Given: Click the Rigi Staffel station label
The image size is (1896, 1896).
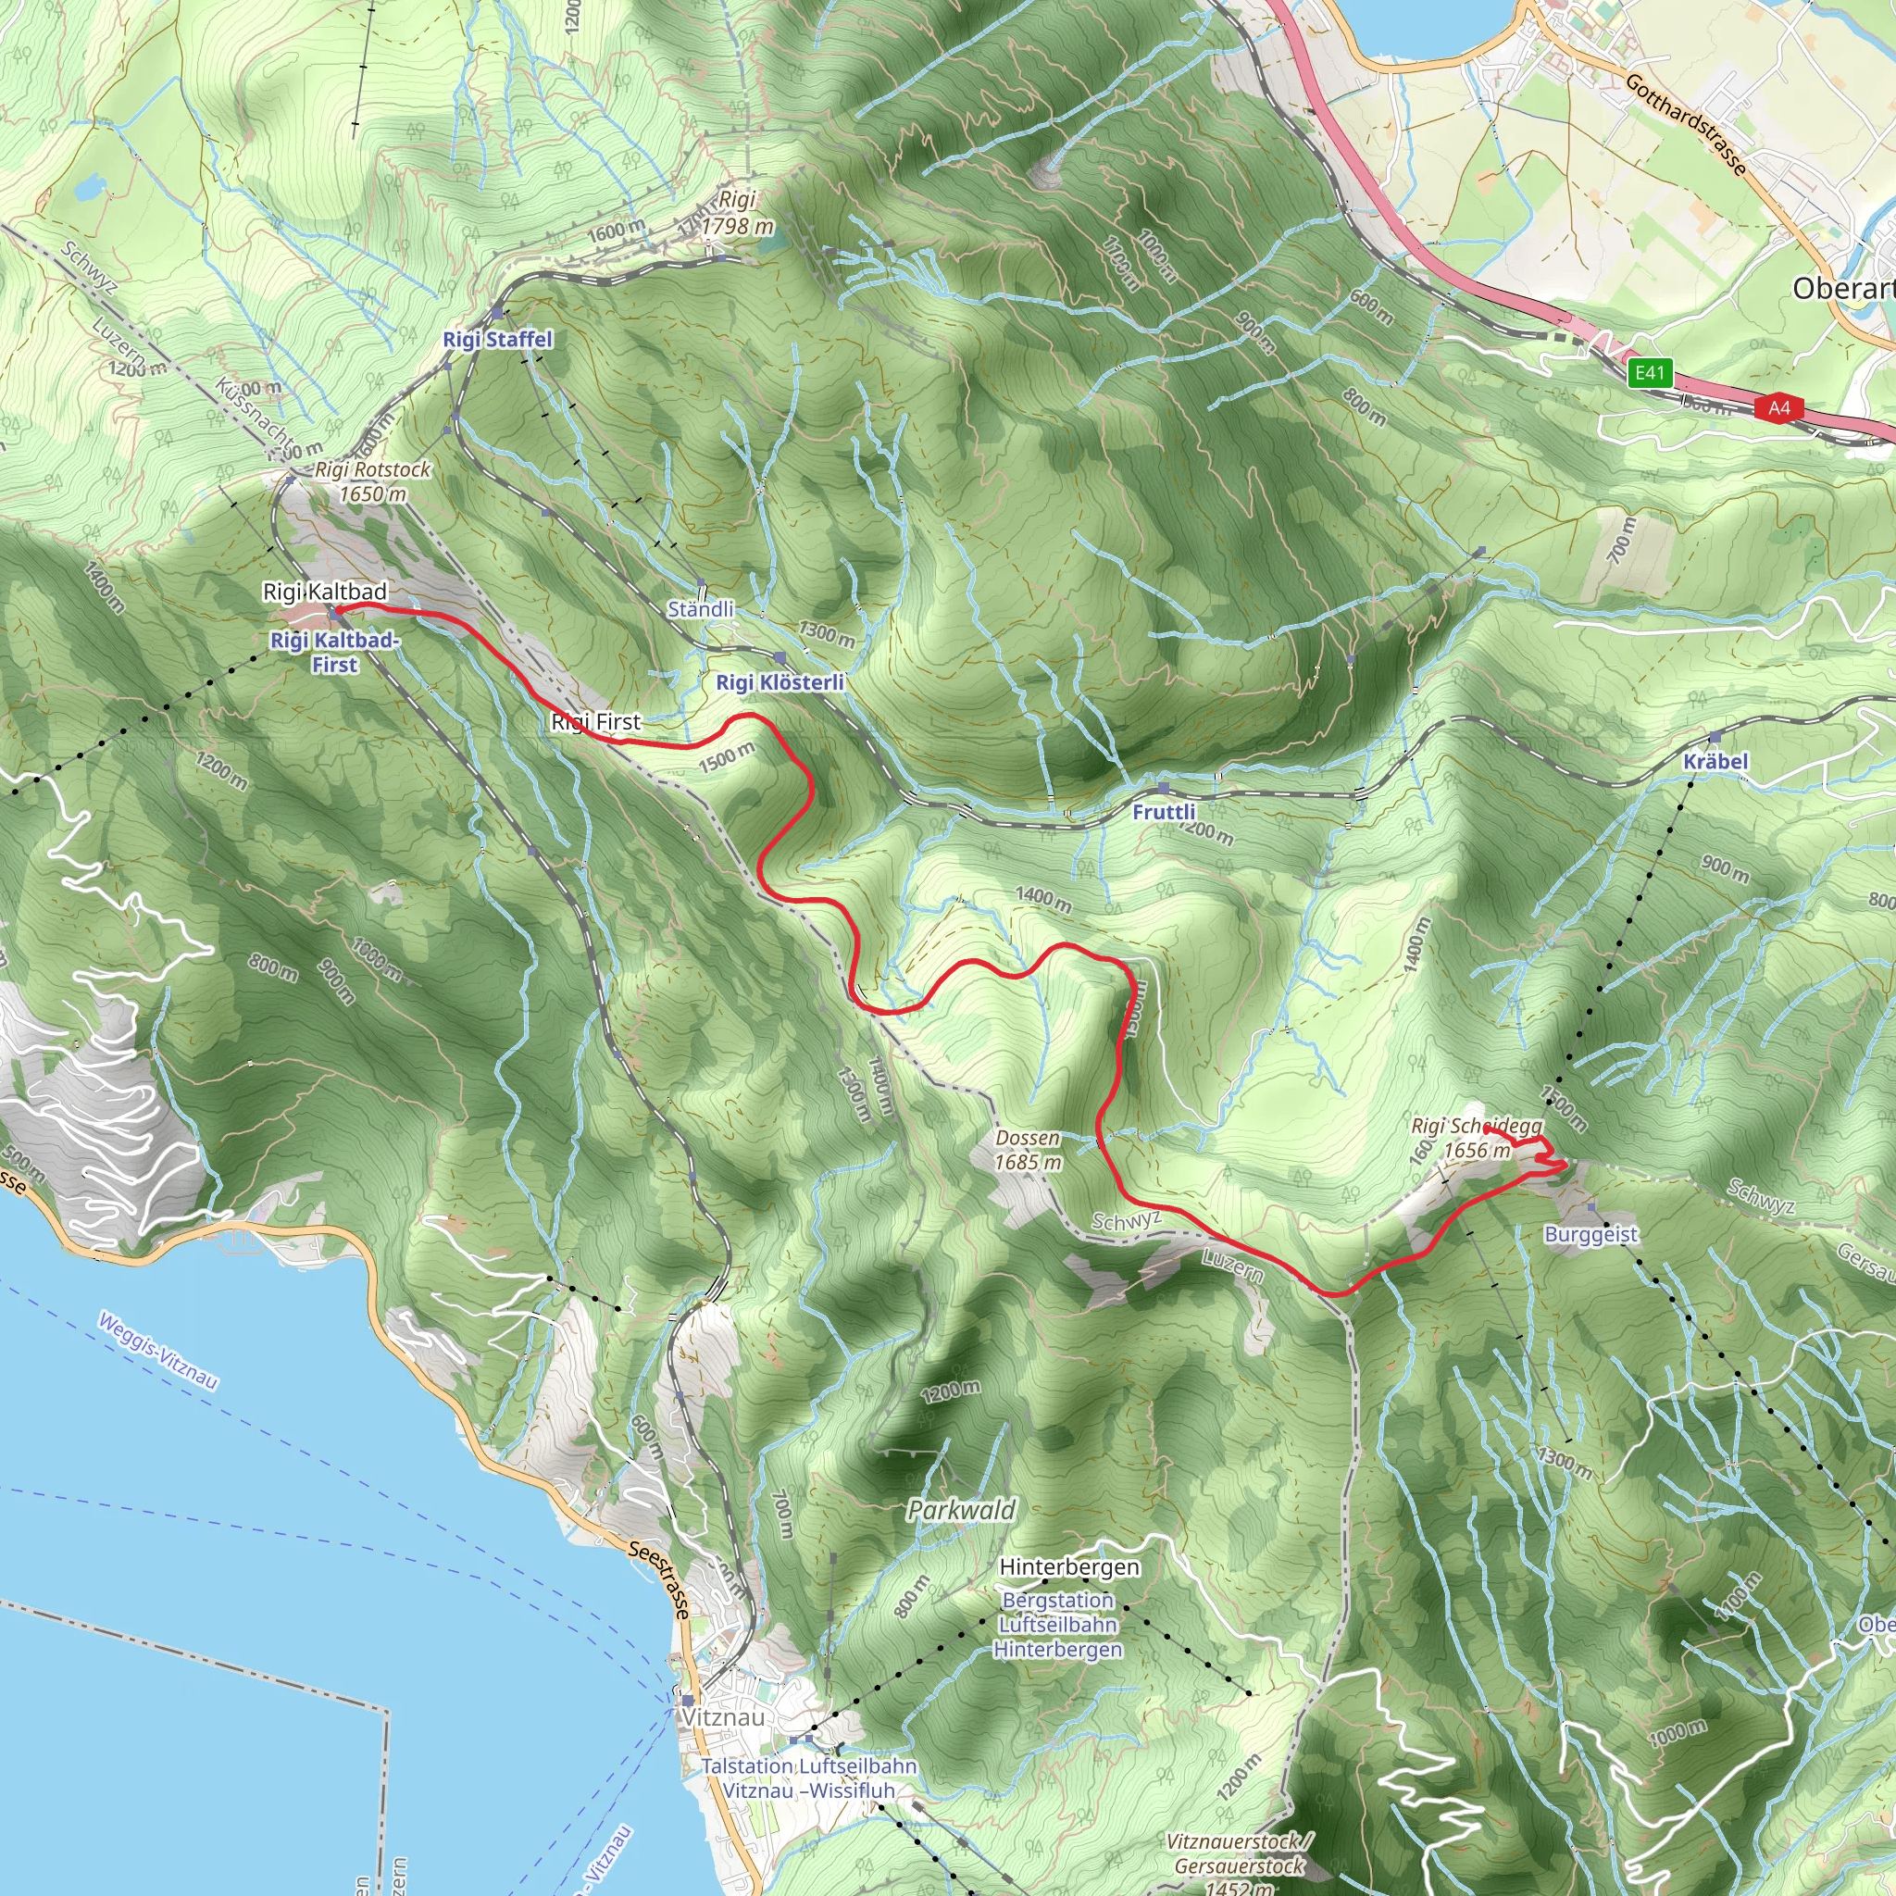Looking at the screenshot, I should (497, 340).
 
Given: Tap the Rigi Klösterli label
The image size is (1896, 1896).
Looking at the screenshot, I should (780, 682).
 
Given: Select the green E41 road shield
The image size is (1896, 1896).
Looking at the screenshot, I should (1650, 372).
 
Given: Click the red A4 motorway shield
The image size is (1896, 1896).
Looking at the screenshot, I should (1779, 407).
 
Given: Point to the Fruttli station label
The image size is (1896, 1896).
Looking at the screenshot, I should (1163, 812).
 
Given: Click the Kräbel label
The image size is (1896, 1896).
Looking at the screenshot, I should (1715, 762).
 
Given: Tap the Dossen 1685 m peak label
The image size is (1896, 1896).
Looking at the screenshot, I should (1028, 1150).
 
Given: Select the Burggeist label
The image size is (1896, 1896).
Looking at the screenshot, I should (1590, 1235).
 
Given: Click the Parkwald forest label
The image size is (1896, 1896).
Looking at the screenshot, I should (961, 1509).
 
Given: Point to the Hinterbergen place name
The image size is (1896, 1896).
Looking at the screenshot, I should (1068, 1566).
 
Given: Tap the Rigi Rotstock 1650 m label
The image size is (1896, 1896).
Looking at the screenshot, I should (372, 481).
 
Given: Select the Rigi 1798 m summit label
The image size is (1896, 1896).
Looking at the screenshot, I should (737, 213).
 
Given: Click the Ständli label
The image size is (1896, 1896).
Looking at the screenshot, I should (701, 609).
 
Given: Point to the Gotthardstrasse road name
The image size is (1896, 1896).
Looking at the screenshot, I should (1686, 125).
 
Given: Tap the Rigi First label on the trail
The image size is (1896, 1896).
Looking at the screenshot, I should (595, 722).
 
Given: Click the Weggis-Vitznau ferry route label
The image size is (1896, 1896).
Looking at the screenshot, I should (157, 1351).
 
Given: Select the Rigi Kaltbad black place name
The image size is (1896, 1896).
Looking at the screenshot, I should (325, 592).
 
